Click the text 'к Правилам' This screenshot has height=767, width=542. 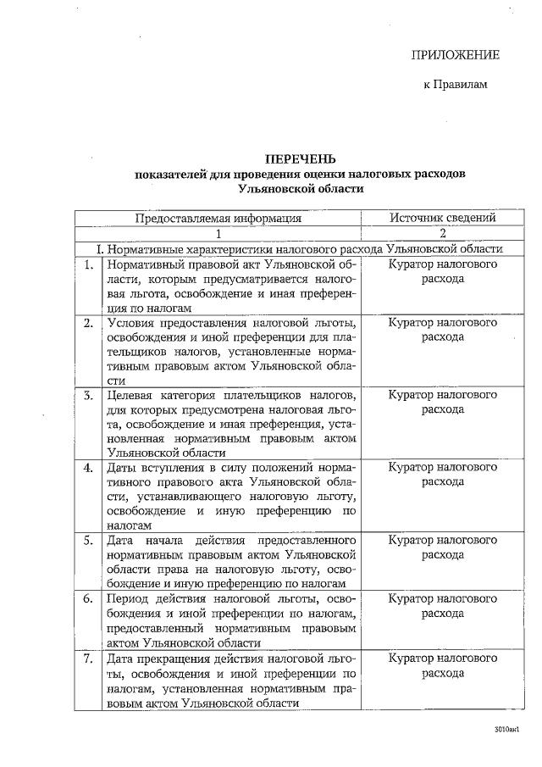click(x=456, y=85)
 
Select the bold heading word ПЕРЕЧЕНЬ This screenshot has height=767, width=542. click(x=301, y=158)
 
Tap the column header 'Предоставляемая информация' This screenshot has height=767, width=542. click(x=218, y=218)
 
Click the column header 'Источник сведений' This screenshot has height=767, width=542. click(x=442, y=218)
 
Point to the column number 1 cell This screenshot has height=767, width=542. click(x=218, y=233)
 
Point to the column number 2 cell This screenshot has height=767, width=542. click(x=442, y=233)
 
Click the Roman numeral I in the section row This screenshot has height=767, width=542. click(x=100, y=249)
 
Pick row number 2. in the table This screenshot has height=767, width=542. click(x=88, y=323)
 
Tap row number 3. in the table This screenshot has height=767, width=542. click(x=88, y=395)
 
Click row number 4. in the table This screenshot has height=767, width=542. click(x=88, y=467)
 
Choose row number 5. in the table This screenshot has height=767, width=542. click(x=88, y=540)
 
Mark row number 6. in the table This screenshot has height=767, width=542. click(x=88, y=598)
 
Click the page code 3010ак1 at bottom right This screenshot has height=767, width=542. click(x=506, y=729)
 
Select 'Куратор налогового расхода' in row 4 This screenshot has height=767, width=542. click(x=442, y=474)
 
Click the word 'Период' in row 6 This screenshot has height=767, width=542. click(x=129, y=598)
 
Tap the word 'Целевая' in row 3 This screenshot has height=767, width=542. click(x=131, y=395)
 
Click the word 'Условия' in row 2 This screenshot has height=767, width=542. click(x=131, y=323)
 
